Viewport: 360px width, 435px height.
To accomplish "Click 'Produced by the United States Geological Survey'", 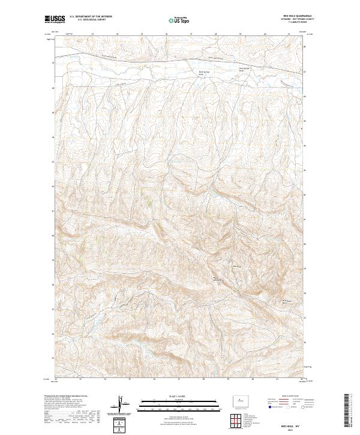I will [x=66, y=396].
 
